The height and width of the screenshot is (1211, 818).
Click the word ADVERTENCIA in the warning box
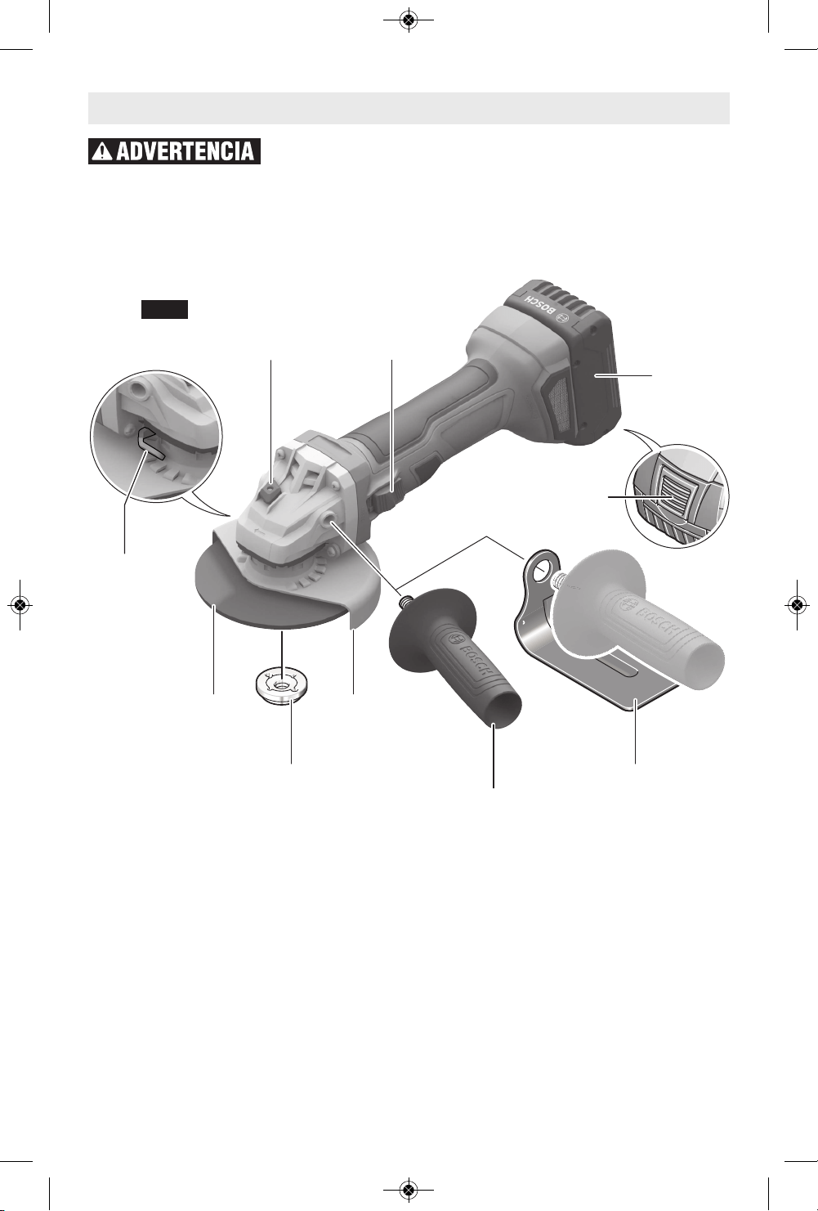(x=186, y=151)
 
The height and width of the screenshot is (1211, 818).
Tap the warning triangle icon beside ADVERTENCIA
(x=102, y=152)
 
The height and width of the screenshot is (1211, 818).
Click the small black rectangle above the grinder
(x=165, y=309)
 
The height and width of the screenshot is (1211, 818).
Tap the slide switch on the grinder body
(x=385, y=495)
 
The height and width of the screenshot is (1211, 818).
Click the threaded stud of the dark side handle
(x=405, y=600)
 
